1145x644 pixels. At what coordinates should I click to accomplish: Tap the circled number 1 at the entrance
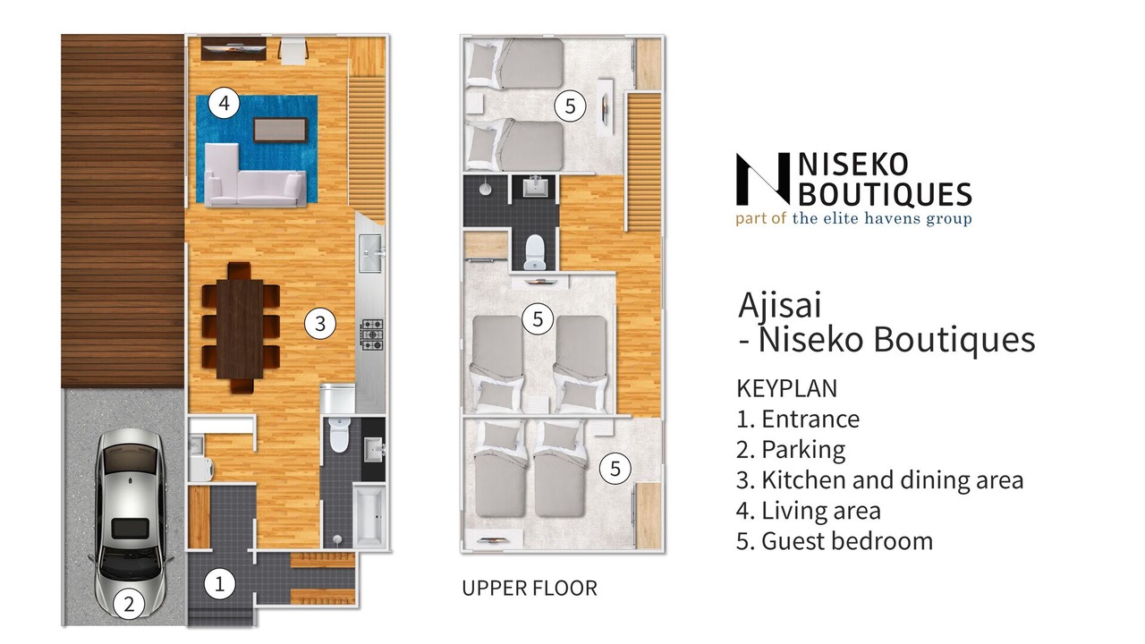click(220, 584)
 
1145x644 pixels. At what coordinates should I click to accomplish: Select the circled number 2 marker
click(129, 604)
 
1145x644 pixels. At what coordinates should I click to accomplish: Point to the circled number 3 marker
click(320, 324)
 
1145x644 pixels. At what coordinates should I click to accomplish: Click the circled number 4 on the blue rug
click(224, 103)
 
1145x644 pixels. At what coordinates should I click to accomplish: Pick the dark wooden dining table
click(240, 328)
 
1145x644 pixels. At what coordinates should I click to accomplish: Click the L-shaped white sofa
click(255, 175)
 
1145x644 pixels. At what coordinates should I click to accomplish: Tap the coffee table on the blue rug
click(281, 130)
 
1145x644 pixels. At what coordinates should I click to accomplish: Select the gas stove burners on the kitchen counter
click(373, 335)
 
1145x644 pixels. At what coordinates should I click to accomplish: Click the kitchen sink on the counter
click(370, 253)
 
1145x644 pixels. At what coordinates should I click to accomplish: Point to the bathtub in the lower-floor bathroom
click(368, 516)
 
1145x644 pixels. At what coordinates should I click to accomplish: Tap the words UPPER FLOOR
click(530, 589)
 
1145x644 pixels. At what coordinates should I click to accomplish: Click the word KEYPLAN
click(786, 388)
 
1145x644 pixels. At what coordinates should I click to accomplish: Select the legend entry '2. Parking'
click(791, 450)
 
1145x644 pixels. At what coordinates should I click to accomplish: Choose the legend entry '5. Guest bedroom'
click(835, 541)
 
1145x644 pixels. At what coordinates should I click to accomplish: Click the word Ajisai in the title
click(780, 306)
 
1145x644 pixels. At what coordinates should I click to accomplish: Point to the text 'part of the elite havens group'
click(853, 219)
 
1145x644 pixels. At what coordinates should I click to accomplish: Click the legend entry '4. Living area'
click(809, 511)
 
